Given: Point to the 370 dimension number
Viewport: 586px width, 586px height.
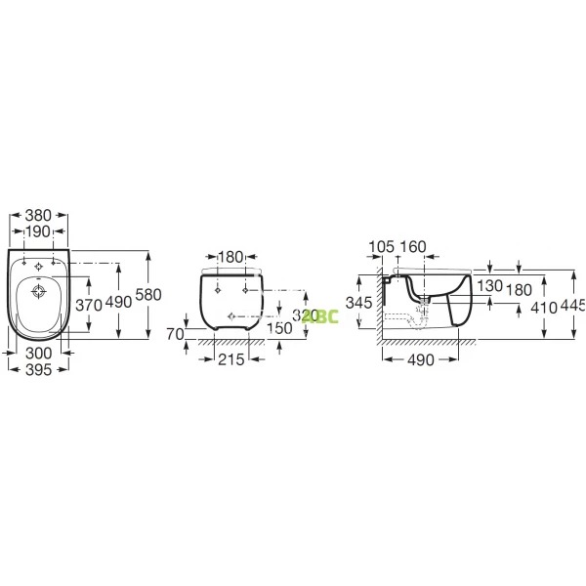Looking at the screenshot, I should coord(90,305).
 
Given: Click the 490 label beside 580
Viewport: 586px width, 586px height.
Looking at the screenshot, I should coord(118,303).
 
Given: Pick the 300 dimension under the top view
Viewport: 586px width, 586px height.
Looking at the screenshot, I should coord(38,353).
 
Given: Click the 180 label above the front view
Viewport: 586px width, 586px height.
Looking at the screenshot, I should coord(230,257).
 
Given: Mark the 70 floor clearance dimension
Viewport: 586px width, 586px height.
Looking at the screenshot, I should coord(176,334).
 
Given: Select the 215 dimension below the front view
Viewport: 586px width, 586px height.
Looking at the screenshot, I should coord(230,360).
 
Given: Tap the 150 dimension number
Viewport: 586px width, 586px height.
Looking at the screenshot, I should coord(280,329).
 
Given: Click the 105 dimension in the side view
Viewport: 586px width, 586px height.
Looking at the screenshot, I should coord(381,247).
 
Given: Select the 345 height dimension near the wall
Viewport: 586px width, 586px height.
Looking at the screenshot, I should coord(360,304).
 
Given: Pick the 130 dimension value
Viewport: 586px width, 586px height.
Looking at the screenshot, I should coord(490,285).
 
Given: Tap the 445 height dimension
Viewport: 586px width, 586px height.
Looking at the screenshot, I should coord(573,305).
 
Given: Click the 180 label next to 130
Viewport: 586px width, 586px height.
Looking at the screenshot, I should coord(520,290).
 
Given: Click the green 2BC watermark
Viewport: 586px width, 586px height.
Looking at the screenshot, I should coord(324,315).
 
